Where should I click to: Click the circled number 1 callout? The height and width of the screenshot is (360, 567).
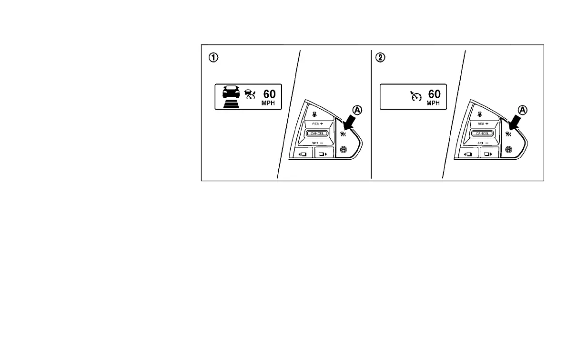pyautogui.click(x=214, y=57)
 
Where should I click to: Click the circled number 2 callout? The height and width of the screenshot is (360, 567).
pyautogui.click(x=380, y=57)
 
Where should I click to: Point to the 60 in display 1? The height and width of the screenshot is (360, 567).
pyautogui.click(x=269, y=94)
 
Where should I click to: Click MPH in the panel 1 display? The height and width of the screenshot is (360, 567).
pyautogui.click(x=269, y=103)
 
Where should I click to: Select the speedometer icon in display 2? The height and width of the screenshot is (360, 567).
pyautogui.click(x=416, y=96)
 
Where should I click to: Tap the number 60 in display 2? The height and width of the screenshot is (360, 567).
pyautogui.click(x=434, y=94)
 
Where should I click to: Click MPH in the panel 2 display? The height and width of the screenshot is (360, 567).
pyautogui.click(x=434, y=103)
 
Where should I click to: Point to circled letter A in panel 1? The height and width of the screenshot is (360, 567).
pyautogui.click(x=357, y=110)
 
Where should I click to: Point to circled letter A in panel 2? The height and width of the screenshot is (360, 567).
pyautogui.click(x=523, y=110)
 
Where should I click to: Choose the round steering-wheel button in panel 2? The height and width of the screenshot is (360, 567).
pyautogui.click(x=508, y=150)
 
